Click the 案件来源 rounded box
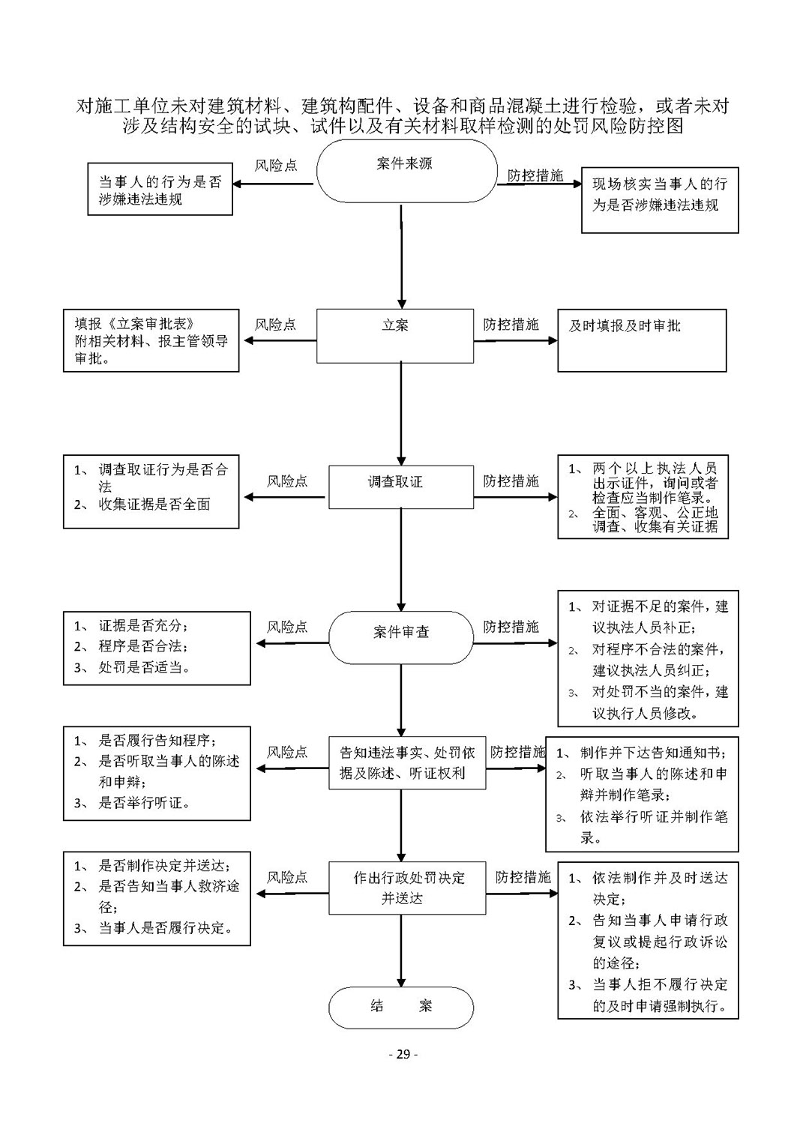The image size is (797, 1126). coord(406,172)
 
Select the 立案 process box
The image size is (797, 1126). coord(394,336)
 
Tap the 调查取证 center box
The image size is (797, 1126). coord(401,487)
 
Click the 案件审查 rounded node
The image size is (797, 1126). coord(401,637)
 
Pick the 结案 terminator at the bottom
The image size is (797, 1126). coord(401,1007)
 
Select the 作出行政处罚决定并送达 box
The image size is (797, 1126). coord(407,888)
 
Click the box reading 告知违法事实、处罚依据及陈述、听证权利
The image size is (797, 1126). coord(407,762)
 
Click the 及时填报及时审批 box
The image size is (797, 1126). coord(642,340)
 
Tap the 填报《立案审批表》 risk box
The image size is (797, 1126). coord(151,340)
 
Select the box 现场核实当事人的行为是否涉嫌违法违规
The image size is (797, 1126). coord(660,200)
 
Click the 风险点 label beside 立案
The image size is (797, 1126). coord(276,324)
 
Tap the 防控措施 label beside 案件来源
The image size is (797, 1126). coord(535,175)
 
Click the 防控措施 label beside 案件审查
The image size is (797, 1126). coord(511,626)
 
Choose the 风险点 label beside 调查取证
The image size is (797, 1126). coord(287,481)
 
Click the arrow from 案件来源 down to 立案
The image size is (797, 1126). coord(401,256)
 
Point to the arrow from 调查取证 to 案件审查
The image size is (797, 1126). coord(401,560)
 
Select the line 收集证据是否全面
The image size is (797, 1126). coord(154,505)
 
